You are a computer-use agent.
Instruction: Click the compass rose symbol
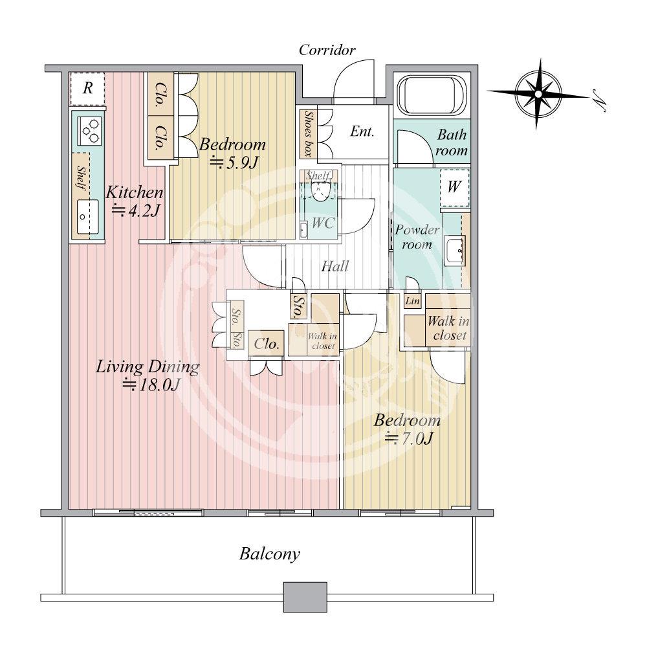coord(538,95)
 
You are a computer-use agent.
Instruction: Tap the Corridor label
coord(327,51)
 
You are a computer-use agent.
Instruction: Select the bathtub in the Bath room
coord(432,96)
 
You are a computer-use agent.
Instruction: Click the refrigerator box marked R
coord(87,89)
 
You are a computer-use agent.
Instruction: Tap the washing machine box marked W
coord(454,188)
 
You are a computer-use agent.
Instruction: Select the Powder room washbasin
coord(455,251)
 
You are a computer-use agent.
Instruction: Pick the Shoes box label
coord(309,134)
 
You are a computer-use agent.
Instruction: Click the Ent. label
coord(362,132)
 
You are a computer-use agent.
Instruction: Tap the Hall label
coord(335,266)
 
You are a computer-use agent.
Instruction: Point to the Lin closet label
coord(413,300)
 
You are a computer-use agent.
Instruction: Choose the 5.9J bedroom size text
coord(234,163)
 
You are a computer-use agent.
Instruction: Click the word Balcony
coord(269,554)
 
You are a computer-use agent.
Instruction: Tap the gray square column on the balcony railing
coord(305,597)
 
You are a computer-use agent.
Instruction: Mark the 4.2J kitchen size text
coord(136,211)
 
